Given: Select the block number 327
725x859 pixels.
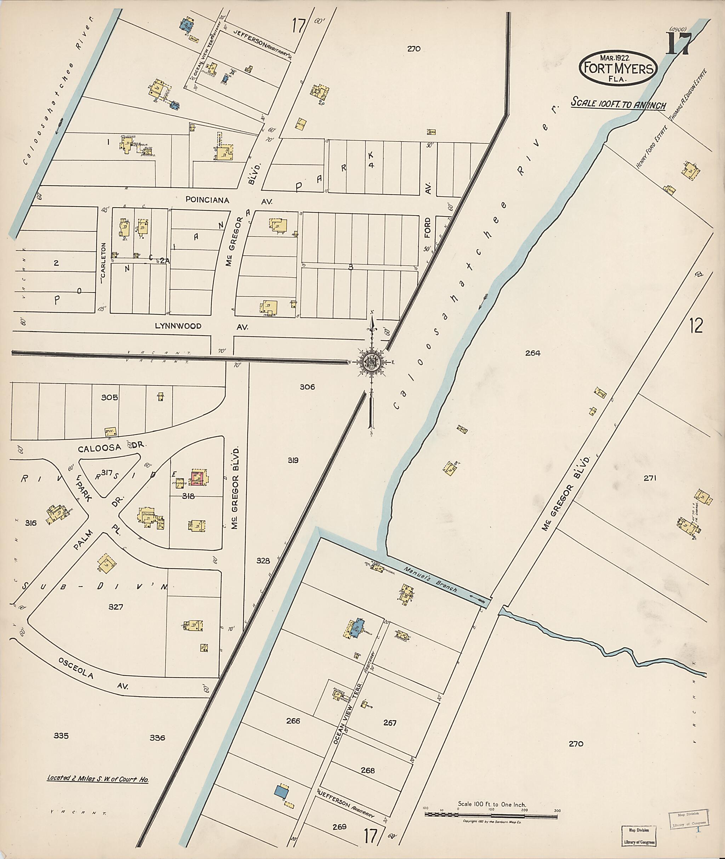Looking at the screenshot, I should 115,607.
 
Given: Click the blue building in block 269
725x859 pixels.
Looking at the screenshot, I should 281,791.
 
